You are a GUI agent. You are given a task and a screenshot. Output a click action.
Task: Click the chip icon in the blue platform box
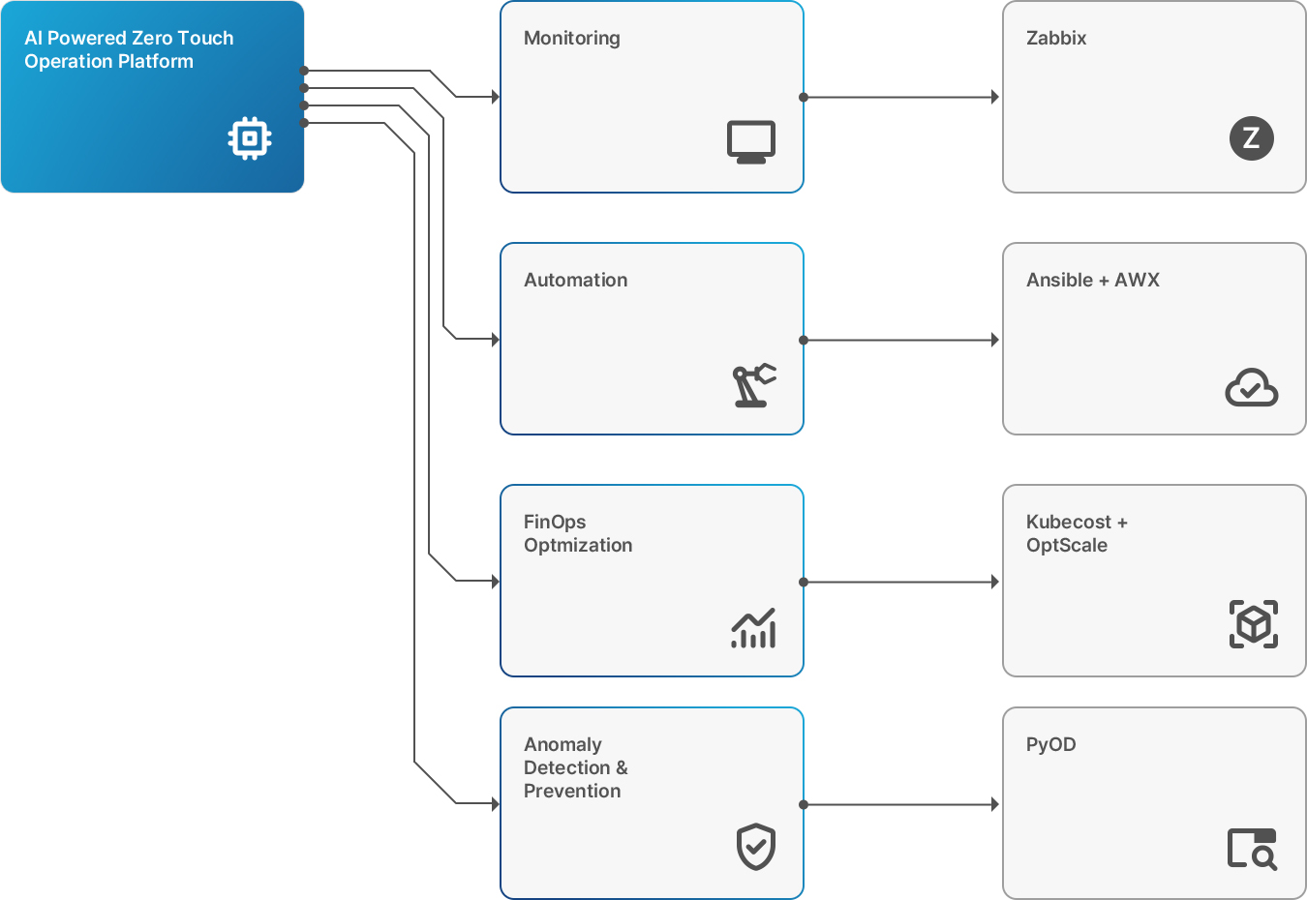click(250, 138)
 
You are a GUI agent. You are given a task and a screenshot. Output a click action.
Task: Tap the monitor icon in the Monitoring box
click(751, 141)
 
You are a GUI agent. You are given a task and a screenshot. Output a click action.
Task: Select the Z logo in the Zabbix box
click(1252, 138)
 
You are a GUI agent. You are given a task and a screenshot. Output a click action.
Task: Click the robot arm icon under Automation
click(754, 385)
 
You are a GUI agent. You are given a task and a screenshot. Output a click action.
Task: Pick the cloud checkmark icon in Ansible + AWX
click(1252, 387)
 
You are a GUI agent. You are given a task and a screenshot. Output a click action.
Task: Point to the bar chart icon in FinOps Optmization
click(753, 628)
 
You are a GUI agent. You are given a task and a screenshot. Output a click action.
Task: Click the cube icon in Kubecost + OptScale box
click(1254, 623)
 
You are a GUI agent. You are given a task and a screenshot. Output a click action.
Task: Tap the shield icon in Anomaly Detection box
click(755, 847)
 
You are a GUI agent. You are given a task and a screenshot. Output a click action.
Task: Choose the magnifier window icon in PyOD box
click(1252, 849)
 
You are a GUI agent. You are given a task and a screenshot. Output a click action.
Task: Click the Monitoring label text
click(572, 39)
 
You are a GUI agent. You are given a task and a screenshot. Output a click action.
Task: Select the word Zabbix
click(1056, 38)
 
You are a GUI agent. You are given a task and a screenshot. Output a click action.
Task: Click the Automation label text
click(575, 280)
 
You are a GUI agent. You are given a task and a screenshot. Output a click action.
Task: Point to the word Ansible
click(1059, 280)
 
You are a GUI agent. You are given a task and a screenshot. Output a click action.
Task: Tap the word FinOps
click(555, 523)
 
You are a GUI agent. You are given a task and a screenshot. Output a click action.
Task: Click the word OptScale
click(1067, 545)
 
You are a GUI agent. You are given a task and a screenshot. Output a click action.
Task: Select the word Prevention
click(572, 791)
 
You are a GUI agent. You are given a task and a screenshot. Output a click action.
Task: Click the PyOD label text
click(1050, 745)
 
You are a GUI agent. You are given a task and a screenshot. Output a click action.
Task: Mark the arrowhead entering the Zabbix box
click(995, 97)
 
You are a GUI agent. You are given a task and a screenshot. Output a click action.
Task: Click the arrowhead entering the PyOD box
click(995, 805)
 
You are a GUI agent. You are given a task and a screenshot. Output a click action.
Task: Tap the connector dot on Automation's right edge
click(804, 340)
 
